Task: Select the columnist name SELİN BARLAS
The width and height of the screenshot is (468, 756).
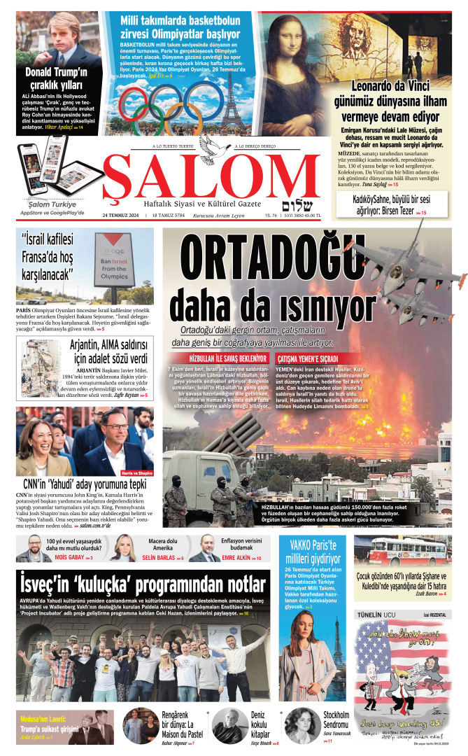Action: click(159, 558)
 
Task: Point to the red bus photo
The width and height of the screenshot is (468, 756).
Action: click(402, 551)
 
